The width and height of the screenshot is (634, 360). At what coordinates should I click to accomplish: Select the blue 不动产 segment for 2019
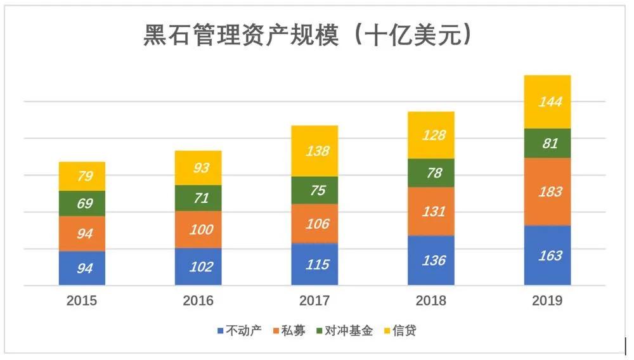click(547, 255)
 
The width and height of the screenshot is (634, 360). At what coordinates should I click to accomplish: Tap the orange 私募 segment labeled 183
click(547, 191)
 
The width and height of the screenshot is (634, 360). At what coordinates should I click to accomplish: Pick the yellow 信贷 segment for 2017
click(315, 151)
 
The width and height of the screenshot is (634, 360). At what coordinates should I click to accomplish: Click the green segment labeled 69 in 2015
click(82, 203)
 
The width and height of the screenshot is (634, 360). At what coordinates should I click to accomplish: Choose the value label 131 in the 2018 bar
click(432, 212)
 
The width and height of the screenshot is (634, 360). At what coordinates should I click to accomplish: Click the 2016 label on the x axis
click(198, 301)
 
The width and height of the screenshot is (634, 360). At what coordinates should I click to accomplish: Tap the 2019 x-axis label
click(547, 301)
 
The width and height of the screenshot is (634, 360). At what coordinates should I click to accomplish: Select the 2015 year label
click(82, 301)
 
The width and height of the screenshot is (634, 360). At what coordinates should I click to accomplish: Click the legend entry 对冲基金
click(348, 331)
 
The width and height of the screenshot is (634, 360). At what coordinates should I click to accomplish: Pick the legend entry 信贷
click(404, 331)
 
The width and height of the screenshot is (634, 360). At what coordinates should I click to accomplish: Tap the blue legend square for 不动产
click(220, 331)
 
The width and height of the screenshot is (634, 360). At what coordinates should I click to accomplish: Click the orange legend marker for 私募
click(276, 331)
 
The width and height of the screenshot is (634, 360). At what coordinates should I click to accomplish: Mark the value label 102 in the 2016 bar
click(201, 267)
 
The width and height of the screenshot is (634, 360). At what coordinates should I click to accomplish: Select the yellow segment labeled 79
click(82, 176)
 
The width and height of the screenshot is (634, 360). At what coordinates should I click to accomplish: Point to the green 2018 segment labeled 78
click(431, 172)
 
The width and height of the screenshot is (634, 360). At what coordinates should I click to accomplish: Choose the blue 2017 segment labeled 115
click(315, 264)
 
